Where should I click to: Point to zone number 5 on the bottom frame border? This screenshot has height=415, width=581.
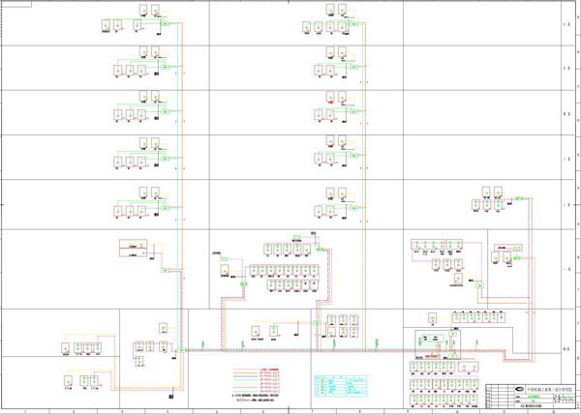[219, 411]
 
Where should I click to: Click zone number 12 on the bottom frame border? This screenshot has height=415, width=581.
[551, 411]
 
